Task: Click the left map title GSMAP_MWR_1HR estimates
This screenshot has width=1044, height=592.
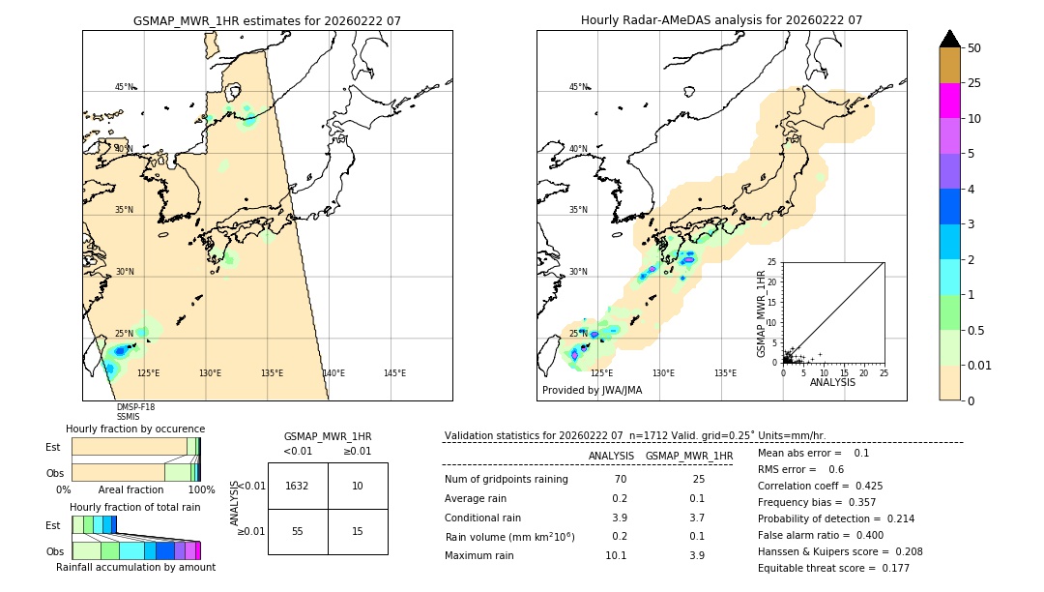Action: [x=267, y=20]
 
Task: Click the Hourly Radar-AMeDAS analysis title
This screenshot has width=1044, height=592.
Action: [x=721, y=20]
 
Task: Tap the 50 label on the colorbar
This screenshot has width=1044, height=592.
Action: [x=975, y=48]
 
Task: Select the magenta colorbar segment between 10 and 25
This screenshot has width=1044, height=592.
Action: [x=949, y=101]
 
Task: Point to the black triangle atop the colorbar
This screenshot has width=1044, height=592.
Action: [x=949, y=39]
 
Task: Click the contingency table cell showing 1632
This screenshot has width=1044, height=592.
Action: [x=298, y=486]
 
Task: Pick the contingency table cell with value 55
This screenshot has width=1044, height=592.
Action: [x=298, y=531]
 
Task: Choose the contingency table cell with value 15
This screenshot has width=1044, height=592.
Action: [x=358, y=531]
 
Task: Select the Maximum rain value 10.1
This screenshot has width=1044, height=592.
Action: [x=615, y=555]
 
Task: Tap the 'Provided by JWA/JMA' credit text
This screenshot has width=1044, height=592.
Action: [x=592, y=391]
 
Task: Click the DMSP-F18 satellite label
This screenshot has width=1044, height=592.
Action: [x=135, y=407]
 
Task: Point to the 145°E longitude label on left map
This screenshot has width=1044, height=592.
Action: [x=394, y=373]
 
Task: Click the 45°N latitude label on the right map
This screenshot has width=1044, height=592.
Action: [x=578, y=87]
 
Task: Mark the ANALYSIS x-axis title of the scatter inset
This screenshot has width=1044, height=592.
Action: [x=832, y=382]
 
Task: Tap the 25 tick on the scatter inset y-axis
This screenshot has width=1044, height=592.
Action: [x=772, y=262]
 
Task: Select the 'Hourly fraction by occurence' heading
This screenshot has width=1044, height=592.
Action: [x=135, y=429]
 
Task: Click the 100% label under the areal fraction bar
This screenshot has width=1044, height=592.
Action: [x=201, y=489]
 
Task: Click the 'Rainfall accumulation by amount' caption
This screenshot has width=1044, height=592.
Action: [x=135, y=567]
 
